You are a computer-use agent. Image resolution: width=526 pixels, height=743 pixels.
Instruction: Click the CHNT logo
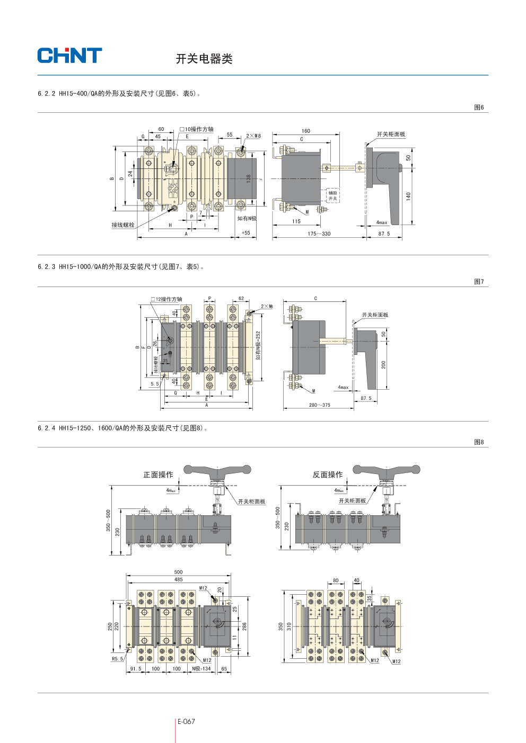[x=69, y=56]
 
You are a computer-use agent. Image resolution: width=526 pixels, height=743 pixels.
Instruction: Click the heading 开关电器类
[x=204, y=59]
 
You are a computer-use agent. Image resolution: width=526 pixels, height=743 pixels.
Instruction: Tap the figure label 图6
[x=478, y=108]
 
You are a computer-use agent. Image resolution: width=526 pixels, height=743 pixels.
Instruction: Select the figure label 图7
[x=478, y=282]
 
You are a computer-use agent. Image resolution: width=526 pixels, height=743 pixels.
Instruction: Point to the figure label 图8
[x=478, y=442]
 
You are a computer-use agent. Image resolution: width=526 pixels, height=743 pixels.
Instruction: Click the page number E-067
[x=186, y=721]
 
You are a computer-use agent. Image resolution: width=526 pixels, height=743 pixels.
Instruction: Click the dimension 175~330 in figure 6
[x=319, y=234]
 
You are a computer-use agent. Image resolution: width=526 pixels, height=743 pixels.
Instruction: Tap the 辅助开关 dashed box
[x=332, y=196]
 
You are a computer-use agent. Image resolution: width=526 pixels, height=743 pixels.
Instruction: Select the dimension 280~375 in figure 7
[x=319, y=405]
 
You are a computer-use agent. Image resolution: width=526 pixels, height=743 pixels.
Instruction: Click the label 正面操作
[x=158, y=475]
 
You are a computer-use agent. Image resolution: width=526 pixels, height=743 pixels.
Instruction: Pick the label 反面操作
[x=327, y=475]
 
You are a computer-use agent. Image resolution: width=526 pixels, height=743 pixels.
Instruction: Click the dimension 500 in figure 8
[x=178, y=572]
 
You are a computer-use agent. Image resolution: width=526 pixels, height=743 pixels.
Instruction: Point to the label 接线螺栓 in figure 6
[x=123, y=225]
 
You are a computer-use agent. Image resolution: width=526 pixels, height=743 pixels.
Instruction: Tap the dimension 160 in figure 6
[x=306, y=131]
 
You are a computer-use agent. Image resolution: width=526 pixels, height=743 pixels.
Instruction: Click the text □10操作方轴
[x=196, y=129]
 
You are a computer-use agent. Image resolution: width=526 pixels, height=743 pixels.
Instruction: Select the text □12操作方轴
[x=166, y=299]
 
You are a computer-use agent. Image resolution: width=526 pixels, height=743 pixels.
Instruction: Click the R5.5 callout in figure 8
[x=117, y=659]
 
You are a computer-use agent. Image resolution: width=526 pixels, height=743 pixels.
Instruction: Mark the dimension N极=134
[x=201, y=669]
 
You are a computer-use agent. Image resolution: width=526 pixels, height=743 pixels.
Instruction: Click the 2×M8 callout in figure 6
[x=253, y=136]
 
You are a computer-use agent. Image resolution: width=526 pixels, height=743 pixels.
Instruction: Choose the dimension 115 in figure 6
[x=296, y=221]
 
